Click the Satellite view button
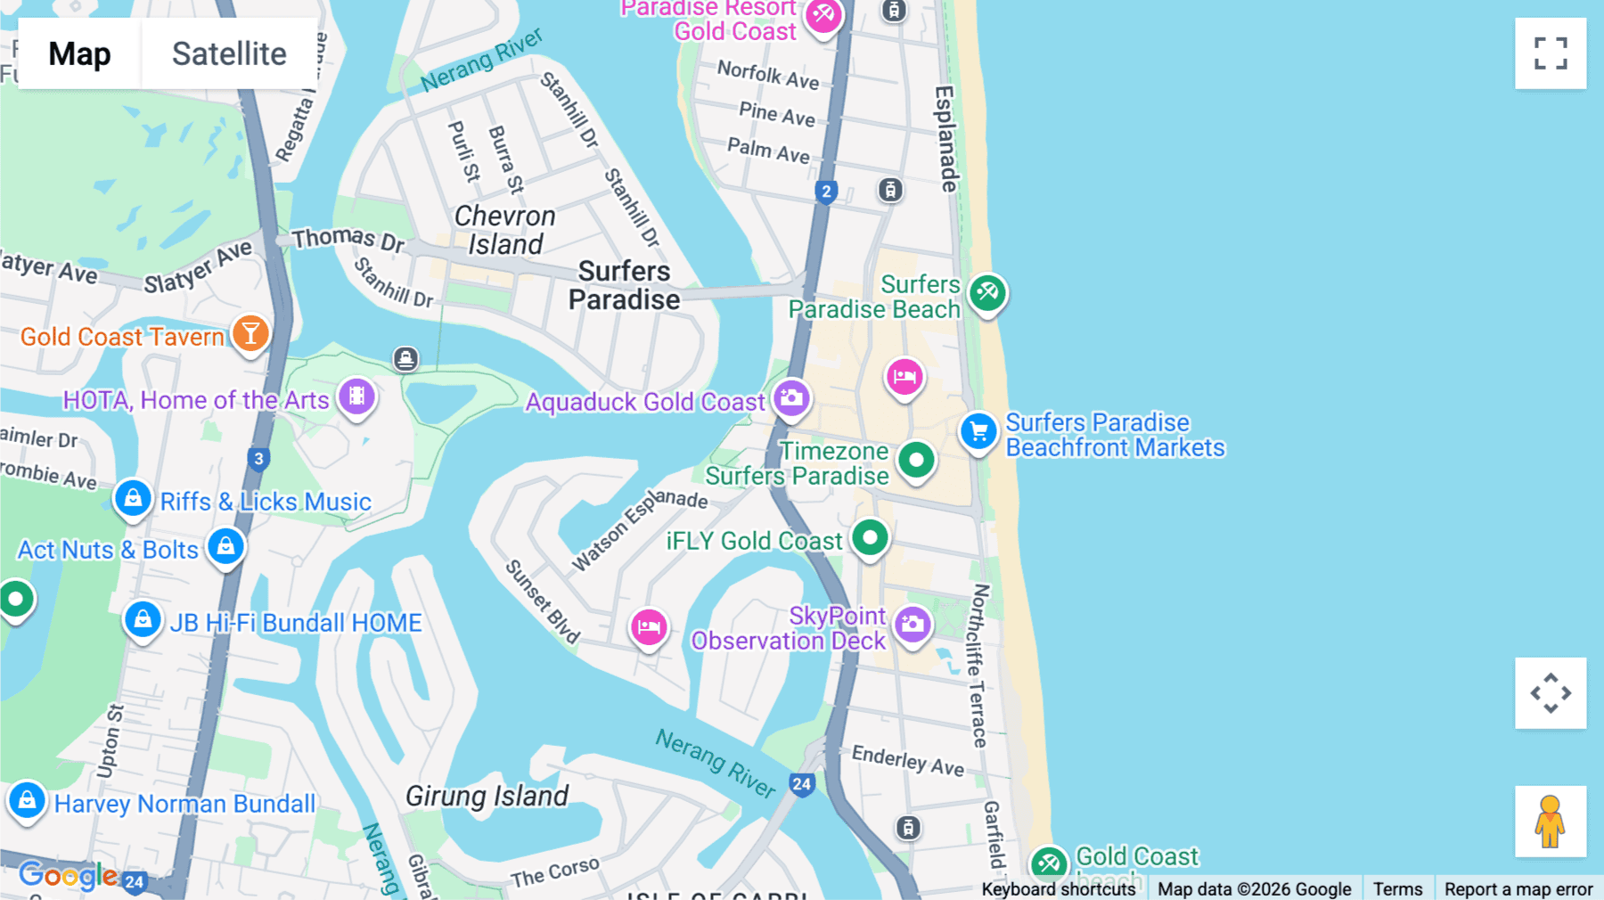pyautogui.click(x=229, y=53)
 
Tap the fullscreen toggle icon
pyautogui.click(x=1551, y=53)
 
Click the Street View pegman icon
pyautogui.click(x=1551, y=822)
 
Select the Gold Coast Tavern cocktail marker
pyautogui.click(x=250, y=334)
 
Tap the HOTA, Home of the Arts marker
pyautogui.click(x=356, y=397)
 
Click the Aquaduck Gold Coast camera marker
pyautogui.click(x=791, y=398)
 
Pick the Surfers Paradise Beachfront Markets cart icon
pyautogui.click(x=978, y=432)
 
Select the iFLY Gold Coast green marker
pyautogui.click(x=870, y=537)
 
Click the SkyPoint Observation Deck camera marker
pyautogui.click(x=912, y=625)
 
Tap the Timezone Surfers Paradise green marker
pyautogui.click(x=916, y=461)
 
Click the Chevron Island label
pyautogui.click(x=505, y=230)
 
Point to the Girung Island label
pyautogui.click(x=487, y=796)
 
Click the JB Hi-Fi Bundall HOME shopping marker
pyautogui.click(x=143, y=620)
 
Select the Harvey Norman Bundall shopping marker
pyautogui.click(x=27, y=800)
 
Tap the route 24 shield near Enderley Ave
pyautogui.click(x=802, y=784)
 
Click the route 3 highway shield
pyautogui.click(x=258, y=459)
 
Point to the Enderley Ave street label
pyautogui.click(x=907, y=760)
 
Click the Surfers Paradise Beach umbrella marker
pyautogui.click(x=987, y=292)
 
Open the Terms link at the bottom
pyautogui.click(x=1397, y=888)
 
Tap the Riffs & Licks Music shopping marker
pyautogui.click(x=133, y=499)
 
